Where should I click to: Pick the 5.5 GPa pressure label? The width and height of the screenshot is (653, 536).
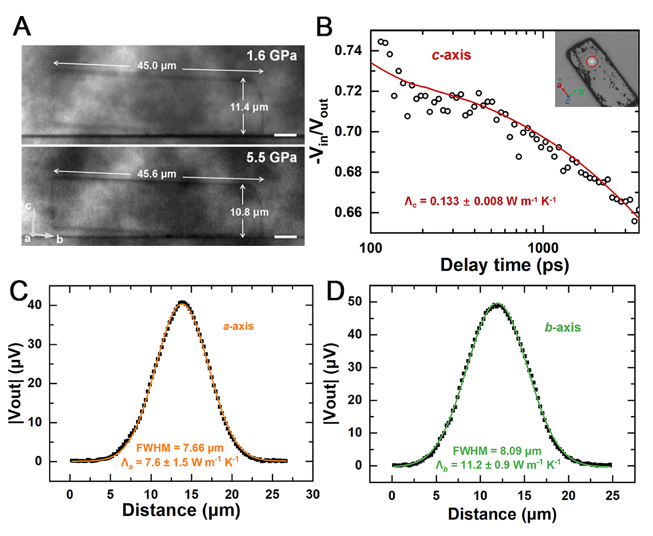pos(273,157)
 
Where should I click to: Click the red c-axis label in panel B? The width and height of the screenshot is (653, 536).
pos(452,55)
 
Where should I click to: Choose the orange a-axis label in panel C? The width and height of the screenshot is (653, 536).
pos(238,326)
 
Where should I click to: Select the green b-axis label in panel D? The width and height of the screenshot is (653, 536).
pos(563,327)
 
